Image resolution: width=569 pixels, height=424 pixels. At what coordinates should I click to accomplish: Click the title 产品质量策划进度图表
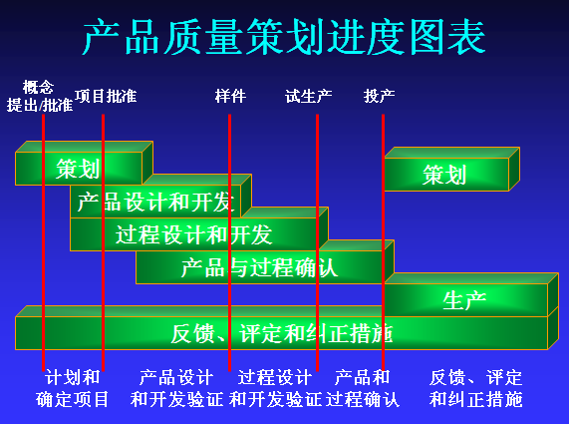284,37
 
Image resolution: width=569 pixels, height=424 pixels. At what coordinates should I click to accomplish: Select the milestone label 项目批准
106,97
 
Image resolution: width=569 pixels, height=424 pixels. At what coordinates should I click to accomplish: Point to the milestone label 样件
230,97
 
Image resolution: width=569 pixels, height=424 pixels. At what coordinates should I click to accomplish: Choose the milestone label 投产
380,97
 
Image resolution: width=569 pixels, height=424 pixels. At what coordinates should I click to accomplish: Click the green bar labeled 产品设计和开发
155,202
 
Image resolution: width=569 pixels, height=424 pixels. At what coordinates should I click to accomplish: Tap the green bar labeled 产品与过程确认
259,267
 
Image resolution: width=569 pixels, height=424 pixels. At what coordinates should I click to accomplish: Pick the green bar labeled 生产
463,300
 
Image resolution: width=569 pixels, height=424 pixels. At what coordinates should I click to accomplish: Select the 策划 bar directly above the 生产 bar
444,175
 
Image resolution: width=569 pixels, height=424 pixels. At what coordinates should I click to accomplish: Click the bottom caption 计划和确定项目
73,389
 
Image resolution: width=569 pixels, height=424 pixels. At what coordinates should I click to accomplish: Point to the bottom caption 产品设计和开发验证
176,389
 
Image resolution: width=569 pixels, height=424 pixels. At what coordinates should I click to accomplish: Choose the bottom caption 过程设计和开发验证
275,389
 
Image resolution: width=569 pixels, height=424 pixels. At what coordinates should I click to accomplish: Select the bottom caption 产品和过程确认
363,389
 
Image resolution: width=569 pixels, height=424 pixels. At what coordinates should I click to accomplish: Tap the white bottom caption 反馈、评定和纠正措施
475,389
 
